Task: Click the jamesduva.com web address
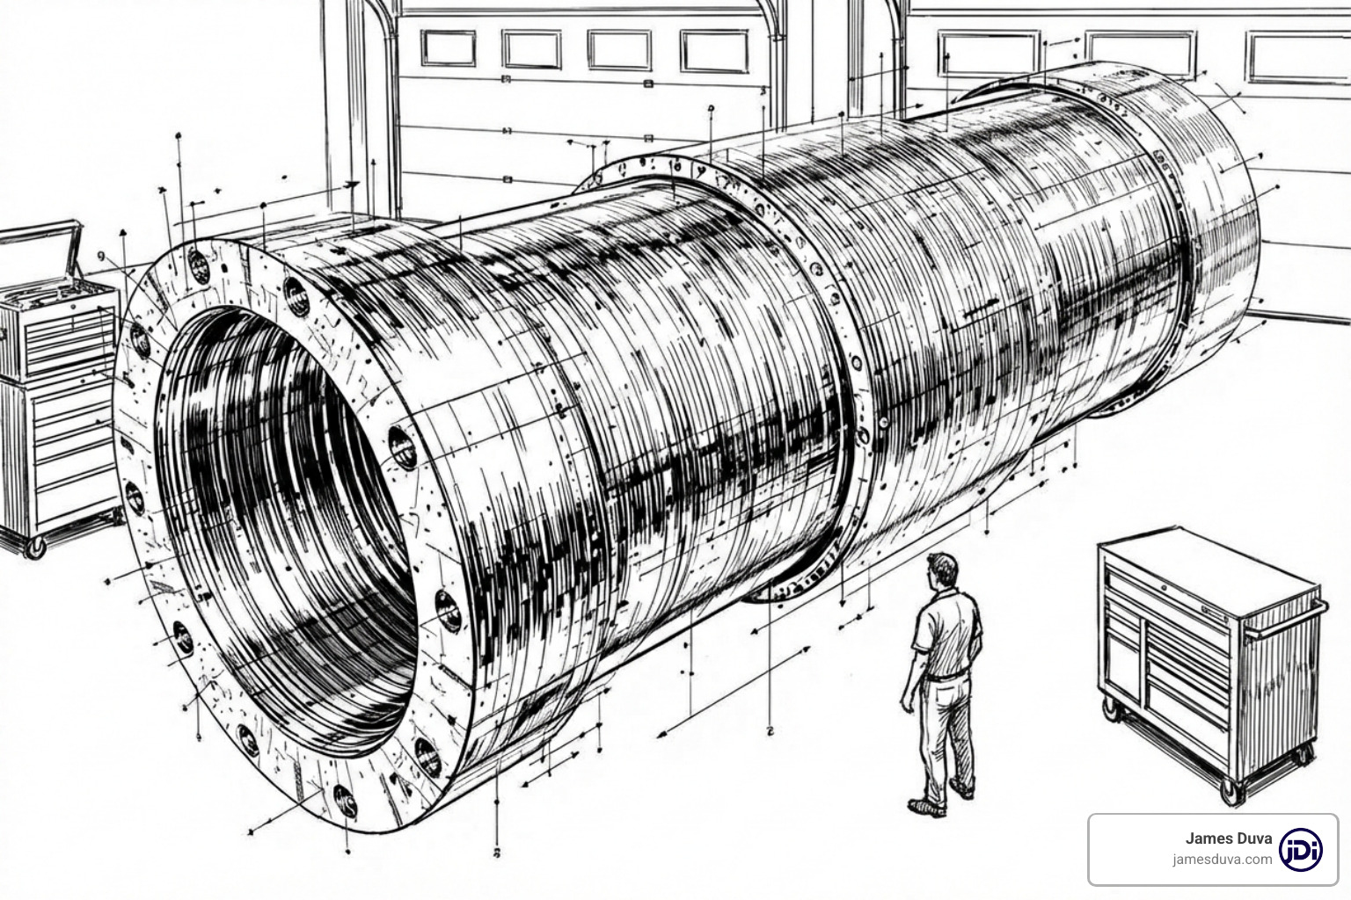click(1222, 860)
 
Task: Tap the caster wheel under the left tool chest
click(35, 548)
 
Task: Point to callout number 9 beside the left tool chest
click(100, 256)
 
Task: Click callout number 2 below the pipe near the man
click(770, 729)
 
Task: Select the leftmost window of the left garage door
click(448, 47)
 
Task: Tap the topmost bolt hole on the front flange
click(198, 265)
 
